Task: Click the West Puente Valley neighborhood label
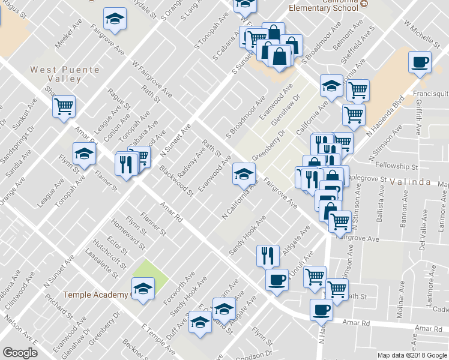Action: tap(65, 74)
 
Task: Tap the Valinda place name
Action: tap(411, 181)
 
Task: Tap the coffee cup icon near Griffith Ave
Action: tap(419, 62)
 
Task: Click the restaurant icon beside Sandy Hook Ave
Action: tap(268, 256)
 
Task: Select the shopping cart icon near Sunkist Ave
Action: tap(64, 107)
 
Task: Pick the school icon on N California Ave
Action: tap(243, 174)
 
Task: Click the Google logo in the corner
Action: tap(20, 353)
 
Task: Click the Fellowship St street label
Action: tap(396, 166)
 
